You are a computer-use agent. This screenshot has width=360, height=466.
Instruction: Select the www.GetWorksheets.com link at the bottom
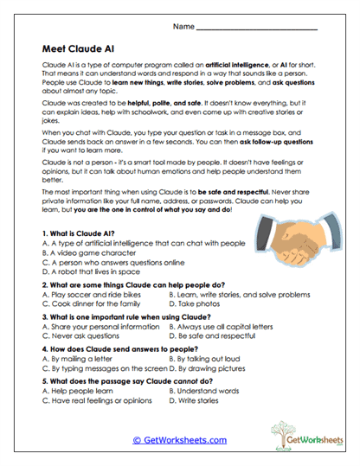[x=179, y=440]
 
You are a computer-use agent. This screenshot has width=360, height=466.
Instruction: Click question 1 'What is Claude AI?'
[x=85, y=234]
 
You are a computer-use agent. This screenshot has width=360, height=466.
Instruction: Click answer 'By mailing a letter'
[x=83, y=358]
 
